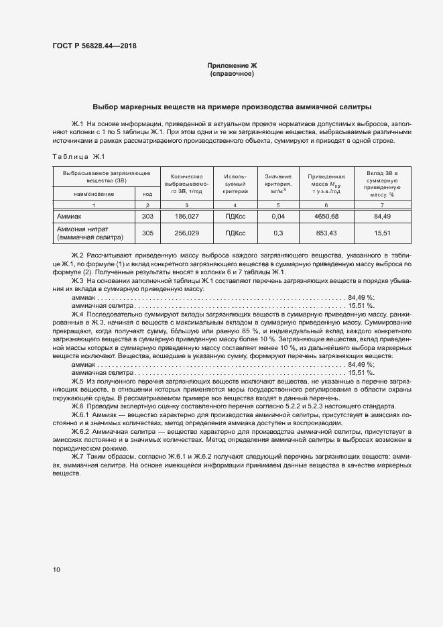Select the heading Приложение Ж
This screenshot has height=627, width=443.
coord(232,65)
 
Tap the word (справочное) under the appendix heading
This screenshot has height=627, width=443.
coord(232,73)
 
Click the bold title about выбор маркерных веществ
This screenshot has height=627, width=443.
coord(232,107)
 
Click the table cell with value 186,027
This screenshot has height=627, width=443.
coord(187,217)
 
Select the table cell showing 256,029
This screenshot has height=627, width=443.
coord(187,232)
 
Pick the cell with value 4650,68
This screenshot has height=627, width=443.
coord(326,217)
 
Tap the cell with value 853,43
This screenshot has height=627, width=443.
coord(326,232)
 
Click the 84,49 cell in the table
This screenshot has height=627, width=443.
coord(382,217)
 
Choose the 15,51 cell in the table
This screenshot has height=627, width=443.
coord(382,232)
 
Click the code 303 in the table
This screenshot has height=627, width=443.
coord(147,217)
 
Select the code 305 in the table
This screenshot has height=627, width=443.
coord(147,232)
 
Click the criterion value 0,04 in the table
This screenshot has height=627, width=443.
coord(278,217)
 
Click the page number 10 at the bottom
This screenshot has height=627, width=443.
coord(56,569)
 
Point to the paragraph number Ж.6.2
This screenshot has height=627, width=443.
coord(83,433)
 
